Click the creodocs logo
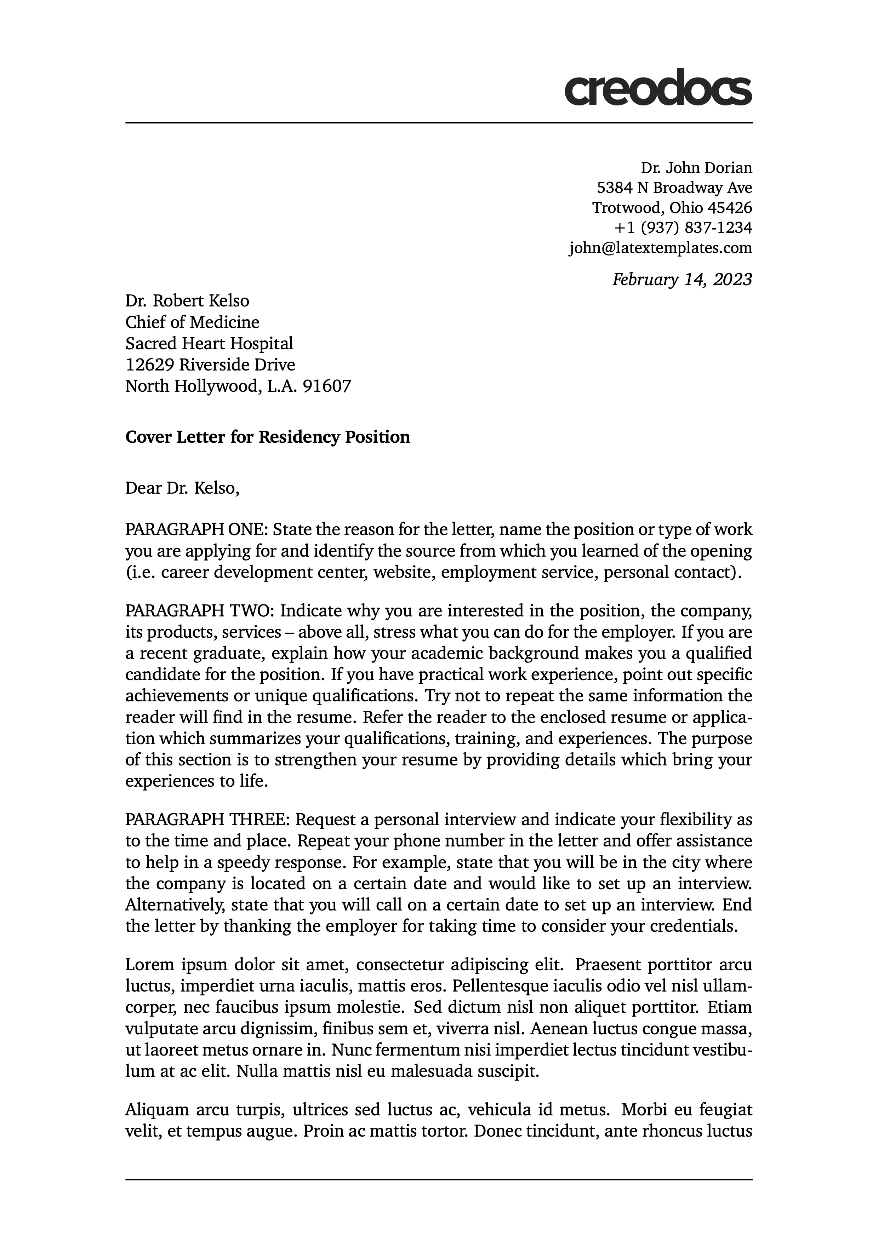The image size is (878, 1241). click(x=657, y=87)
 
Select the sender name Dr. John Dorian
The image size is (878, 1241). click(x=696, y=168)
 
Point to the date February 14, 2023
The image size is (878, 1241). click(x=682, y=280)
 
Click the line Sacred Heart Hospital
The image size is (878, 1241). click(x=209, y=344)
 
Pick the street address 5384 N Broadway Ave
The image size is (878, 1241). click(x=674, y=188)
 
